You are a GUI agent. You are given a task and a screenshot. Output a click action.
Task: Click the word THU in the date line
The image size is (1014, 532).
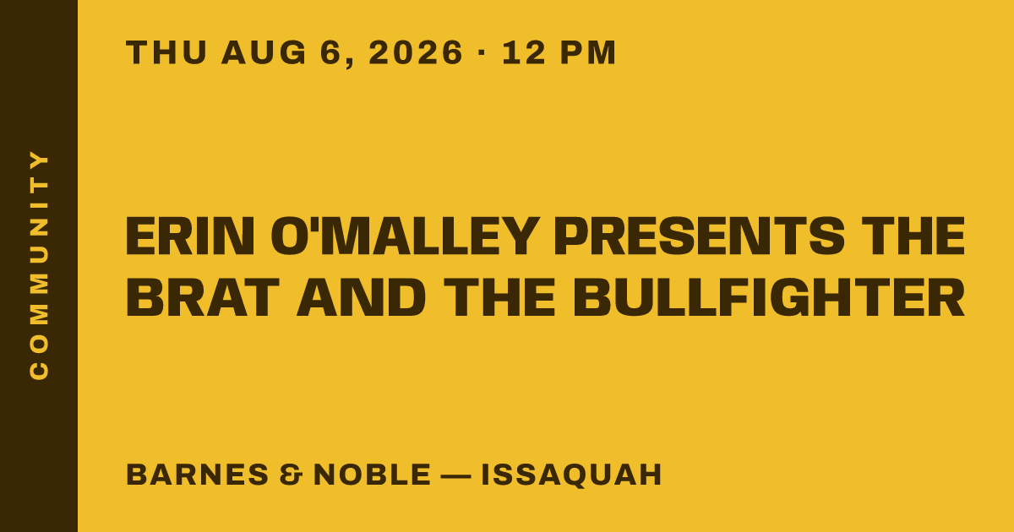[x=166, y=52]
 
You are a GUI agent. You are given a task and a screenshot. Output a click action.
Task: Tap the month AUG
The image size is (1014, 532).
[x=264, y=52]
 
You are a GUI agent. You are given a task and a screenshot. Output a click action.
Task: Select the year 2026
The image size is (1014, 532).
[x=416, y=52]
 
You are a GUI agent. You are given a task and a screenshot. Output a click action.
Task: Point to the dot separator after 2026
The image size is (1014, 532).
[x=482, y=52]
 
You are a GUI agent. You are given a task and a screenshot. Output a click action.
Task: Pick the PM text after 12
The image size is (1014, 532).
[x=588, y=52]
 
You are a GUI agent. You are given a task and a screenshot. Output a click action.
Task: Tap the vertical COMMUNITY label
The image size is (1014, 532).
[x=39, y=265]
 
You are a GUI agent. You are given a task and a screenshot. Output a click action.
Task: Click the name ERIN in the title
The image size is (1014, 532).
[x=190, y=236]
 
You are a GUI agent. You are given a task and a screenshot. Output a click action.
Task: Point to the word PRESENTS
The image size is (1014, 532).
[x=700, y=236]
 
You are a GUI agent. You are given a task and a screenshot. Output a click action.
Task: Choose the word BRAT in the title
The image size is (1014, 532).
[x=202, y=297]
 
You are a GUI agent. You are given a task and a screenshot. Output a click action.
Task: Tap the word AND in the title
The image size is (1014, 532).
[x=362, y=297]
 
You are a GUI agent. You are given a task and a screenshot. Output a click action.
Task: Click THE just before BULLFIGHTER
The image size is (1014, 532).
[x=499, y=297]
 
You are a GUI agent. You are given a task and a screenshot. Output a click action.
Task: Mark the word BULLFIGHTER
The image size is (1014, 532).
[x=769, y=297]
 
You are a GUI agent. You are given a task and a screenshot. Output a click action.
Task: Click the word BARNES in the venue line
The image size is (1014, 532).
[x=198, y=475]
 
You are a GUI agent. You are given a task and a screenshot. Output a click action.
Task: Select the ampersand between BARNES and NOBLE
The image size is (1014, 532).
[x=291, y=475]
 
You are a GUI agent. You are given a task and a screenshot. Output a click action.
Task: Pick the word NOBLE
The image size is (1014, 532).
[x=372, y=475]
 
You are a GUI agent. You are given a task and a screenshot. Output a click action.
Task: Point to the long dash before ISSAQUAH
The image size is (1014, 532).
[x=455, y=475]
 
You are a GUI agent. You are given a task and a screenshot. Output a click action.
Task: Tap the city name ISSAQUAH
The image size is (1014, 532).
[x=572, y=475]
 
